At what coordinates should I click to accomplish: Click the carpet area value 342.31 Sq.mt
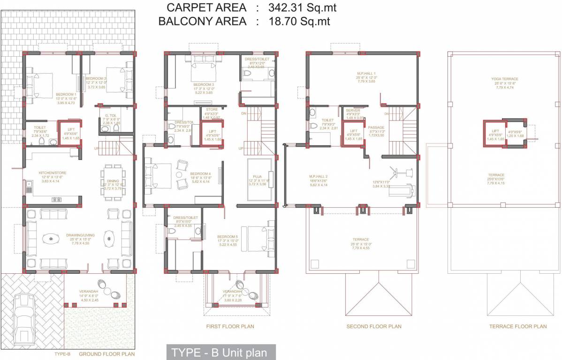pos(302,7)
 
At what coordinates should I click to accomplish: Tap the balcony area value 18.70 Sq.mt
pos(299,21)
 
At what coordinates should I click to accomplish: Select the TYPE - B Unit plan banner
pos(220,352)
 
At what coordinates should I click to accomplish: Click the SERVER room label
pos(353,110)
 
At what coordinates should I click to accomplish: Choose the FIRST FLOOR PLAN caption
pos(230,326)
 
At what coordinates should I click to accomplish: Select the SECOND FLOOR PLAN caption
pos(373,326)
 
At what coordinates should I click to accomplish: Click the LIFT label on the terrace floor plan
pos(495,131)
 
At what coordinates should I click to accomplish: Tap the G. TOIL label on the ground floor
pos(111,115)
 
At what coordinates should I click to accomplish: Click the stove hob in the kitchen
pos(56,199)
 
